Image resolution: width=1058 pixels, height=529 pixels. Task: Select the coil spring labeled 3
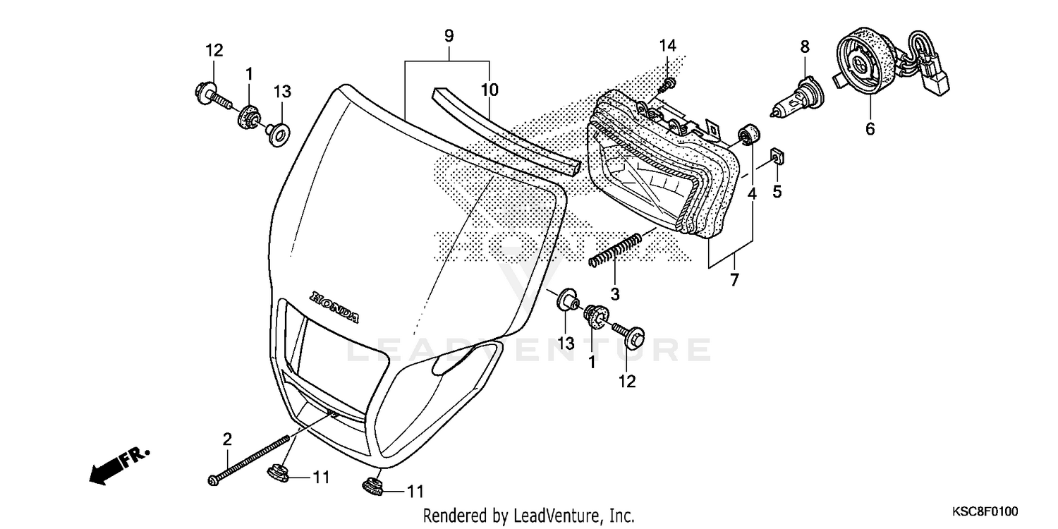[x=615, y=250]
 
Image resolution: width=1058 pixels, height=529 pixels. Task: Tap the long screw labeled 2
[x=248, y=460]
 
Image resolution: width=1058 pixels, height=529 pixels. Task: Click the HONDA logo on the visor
[x=334, y=307]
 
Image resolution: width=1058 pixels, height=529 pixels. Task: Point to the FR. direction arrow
[x=119, y=466]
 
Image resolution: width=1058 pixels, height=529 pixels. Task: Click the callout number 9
[x=449, y=36]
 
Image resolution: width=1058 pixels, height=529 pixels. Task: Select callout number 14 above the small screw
[x=667, y=46]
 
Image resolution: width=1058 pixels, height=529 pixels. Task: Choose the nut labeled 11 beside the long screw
[x=279, y=473]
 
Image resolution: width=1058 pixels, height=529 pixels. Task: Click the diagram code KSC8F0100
[x=985, y=511]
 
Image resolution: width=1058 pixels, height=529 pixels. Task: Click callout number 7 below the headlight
[x=734, y=280]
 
